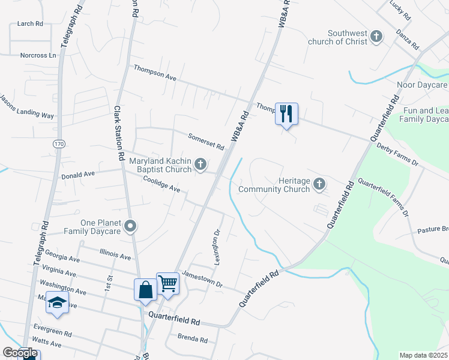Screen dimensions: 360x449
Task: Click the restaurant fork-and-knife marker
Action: pos(286,113)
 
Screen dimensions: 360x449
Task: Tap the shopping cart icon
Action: pos(168,283)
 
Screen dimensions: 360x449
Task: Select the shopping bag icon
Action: pos(145,290)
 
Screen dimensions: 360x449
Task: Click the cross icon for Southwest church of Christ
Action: pos(376,37)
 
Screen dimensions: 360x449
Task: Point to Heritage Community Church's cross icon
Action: pos(319,184)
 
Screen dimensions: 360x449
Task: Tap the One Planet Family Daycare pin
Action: pos(131,226)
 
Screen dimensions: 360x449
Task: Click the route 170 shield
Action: pos(58,144)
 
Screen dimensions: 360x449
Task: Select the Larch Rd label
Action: pos(31,23)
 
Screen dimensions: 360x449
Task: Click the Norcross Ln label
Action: pos(37,55)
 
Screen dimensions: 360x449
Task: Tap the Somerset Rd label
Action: pos(206,142)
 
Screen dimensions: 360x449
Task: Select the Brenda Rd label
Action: pos(193,339)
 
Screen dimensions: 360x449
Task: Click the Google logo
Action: pos(20,353)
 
